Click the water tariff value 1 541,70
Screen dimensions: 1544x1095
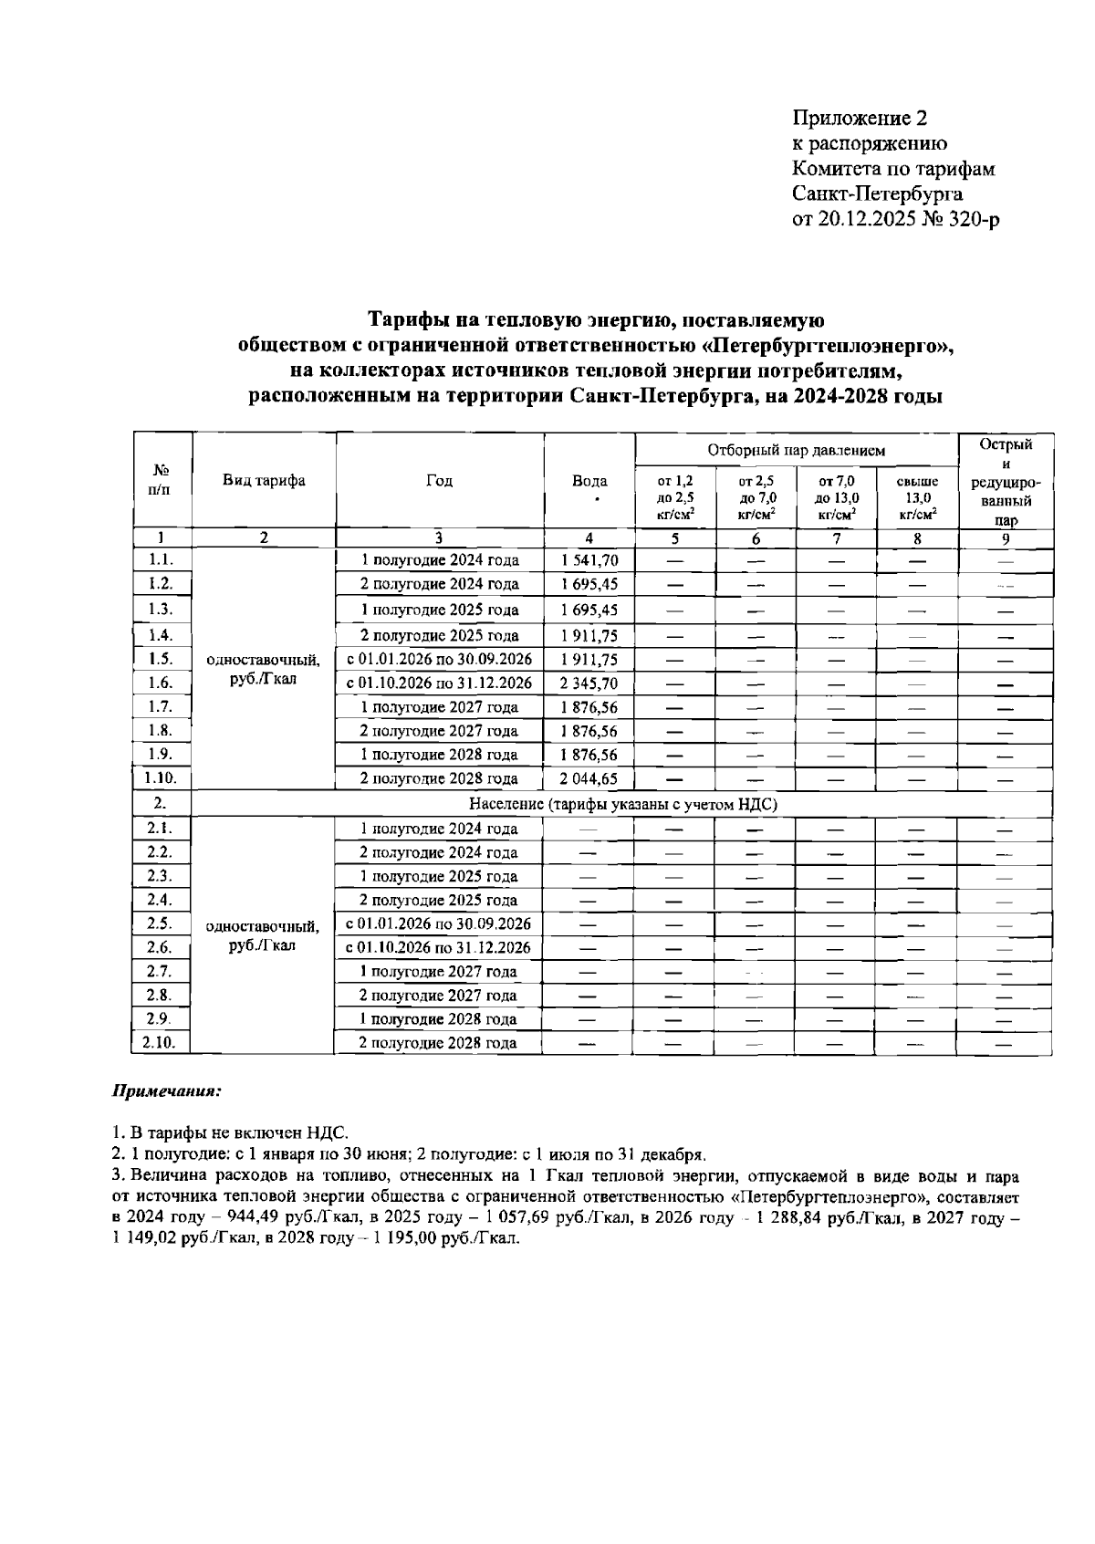(589, 560)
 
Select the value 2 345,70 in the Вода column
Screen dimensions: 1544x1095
(589, 683)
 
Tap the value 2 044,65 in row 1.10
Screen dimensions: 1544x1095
(589, 778)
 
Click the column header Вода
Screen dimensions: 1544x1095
(589, 481)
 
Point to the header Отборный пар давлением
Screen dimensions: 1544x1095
(797, 450)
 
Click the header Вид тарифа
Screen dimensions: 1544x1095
(265, 481)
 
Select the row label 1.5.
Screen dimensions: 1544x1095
(161, 659)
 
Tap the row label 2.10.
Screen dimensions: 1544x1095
(161, 1042)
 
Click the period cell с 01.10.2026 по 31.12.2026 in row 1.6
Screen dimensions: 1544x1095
(439, 683)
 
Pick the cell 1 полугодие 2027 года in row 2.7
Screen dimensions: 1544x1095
(439, 972)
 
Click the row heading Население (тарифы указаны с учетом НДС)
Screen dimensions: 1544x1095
(622, 804)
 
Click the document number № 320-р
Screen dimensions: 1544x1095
(962, 220)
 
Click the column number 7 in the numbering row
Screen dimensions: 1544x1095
(836, 538)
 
